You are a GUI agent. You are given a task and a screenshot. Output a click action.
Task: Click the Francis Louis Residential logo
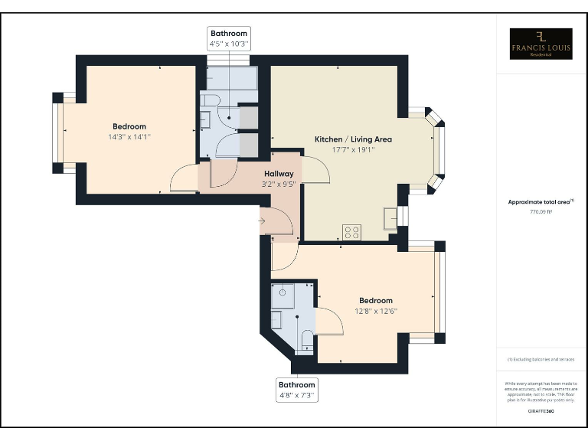(x=541, y=44)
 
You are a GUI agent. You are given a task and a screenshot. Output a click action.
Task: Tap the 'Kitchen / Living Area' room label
(x=353, y=139)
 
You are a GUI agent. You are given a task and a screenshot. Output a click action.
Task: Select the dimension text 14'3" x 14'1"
(x=129, y=137)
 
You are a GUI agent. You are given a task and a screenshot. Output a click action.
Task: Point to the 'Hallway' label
(x=279, y=174)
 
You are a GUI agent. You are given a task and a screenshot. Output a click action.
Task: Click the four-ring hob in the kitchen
(x=352, y=232)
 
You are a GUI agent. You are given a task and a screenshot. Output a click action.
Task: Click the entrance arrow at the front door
(x=262, y=222)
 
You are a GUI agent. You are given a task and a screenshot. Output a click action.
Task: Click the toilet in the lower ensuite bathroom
(x=305, y=341)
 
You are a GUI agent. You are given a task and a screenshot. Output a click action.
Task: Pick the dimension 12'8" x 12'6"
(x=375, y=311)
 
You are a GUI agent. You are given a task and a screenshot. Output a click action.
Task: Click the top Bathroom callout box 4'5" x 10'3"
(x=229, y=39)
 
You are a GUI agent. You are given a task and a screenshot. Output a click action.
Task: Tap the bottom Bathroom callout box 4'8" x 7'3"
(x=296, y=390)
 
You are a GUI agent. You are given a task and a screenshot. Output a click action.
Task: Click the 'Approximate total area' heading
(x=541, y=201)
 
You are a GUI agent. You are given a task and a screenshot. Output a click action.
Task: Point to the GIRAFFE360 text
(x=541, y=411)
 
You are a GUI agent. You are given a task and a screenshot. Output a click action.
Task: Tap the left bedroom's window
(x=57, y=132)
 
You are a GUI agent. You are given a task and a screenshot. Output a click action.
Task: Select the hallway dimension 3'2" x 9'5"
(x=279, y=184)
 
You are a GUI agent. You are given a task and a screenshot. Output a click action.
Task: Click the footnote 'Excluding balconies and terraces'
(x=541, y=359)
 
